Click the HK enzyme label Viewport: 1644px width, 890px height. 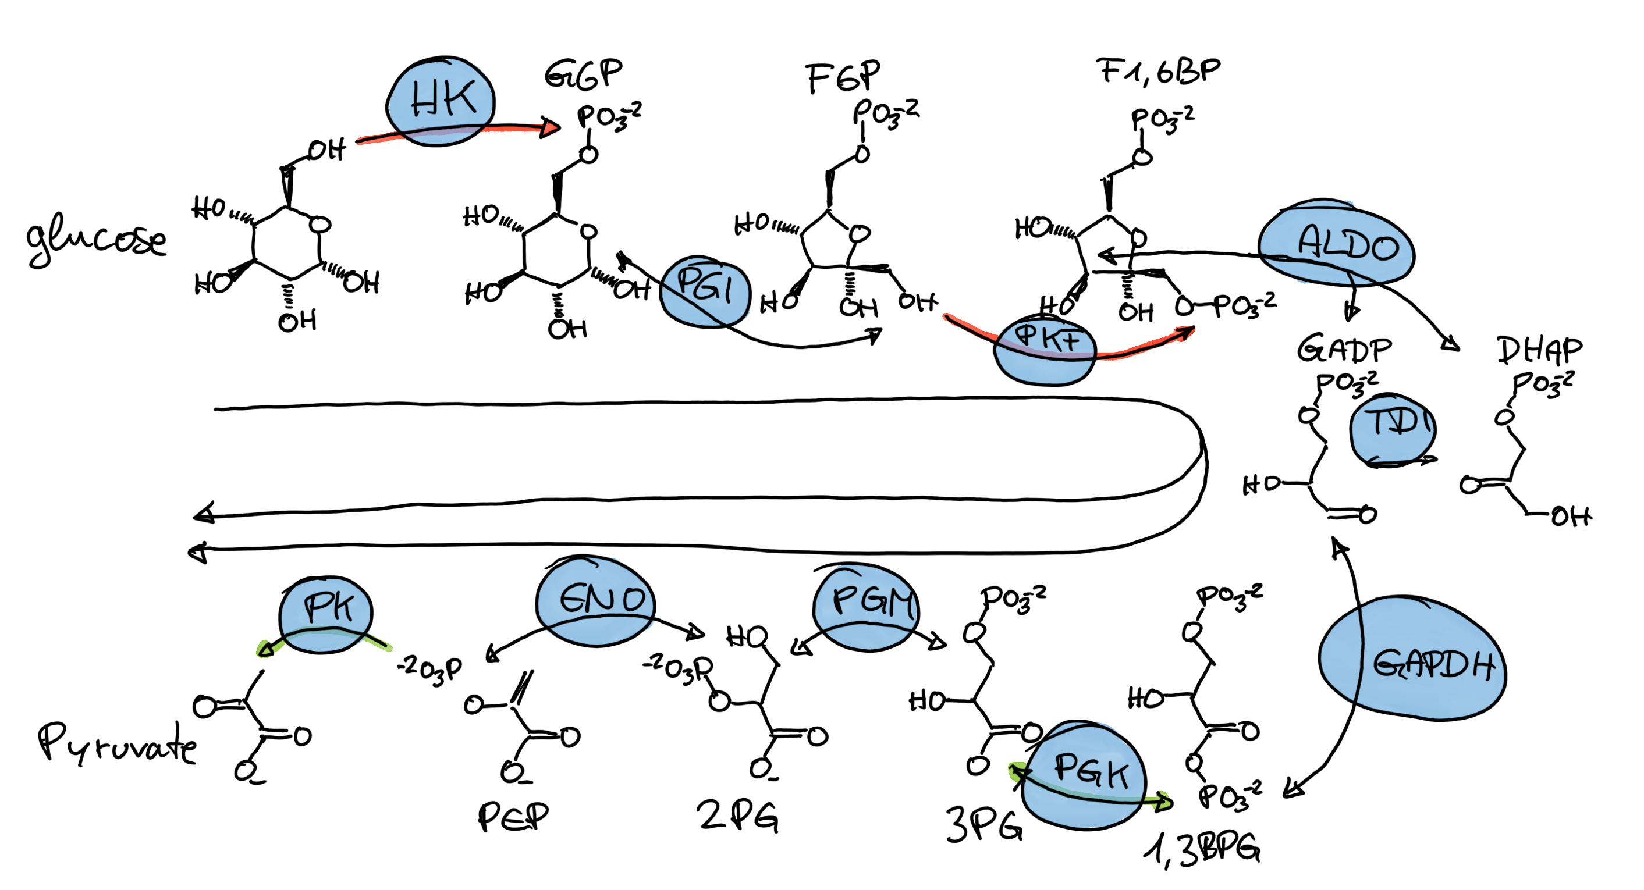443,99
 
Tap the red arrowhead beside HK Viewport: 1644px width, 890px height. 549,129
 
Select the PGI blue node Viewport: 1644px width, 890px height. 705,291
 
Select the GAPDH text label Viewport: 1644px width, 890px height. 1433,665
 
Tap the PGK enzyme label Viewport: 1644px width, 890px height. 1091,770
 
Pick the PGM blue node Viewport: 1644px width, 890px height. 866,606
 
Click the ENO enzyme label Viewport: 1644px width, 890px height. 602,599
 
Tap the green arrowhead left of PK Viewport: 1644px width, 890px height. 264,650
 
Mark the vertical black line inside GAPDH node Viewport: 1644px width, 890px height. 1360,654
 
